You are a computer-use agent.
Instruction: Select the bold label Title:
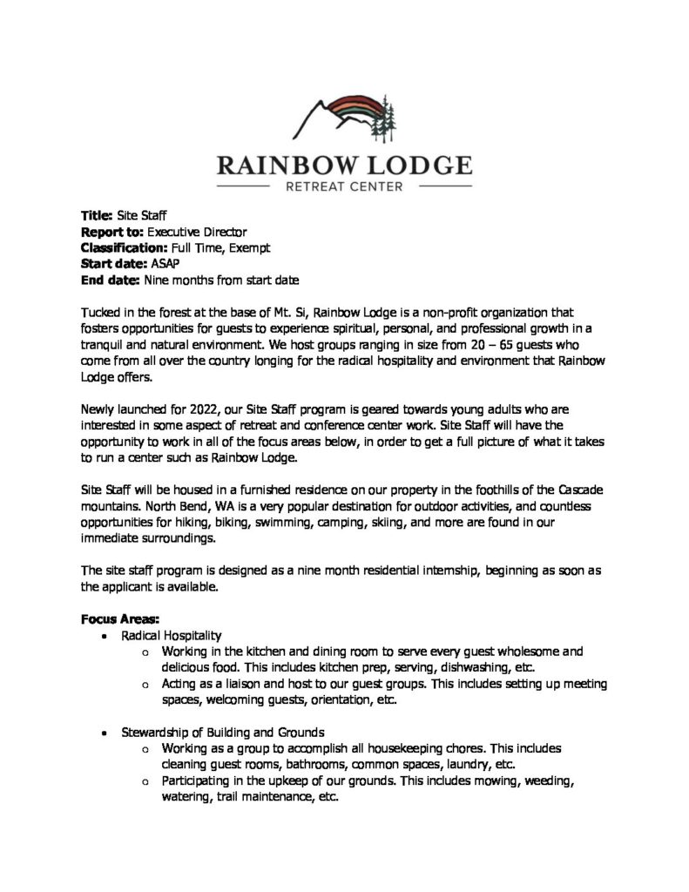pos(97,215)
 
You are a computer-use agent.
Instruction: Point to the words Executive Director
pos(197,232)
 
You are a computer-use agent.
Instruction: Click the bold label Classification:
pos(118,247)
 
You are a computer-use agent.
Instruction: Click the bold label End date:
pos(110,280)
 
